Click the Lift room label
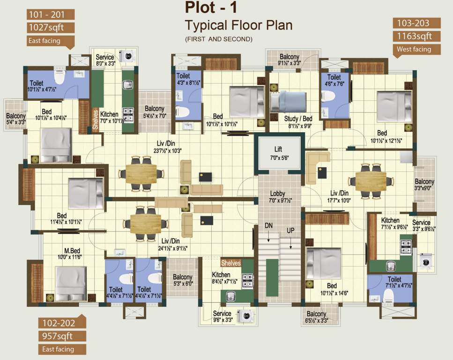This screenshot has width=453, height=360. pos(278,149)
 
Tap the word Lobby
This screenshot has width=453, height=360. pos(278,194)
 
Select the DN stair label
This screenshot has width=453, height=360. pos(268,226)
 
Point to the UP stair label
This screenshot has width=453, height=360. pos(290,231)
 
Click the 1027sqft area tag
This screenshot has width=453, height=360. pos(45,28)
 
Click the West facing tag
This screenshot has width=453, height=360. pos(414,49)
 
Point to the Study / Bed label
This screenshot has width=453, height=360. pos(298,119)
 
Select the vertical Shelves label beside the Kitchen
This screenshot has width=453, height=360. pos(95,120)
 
